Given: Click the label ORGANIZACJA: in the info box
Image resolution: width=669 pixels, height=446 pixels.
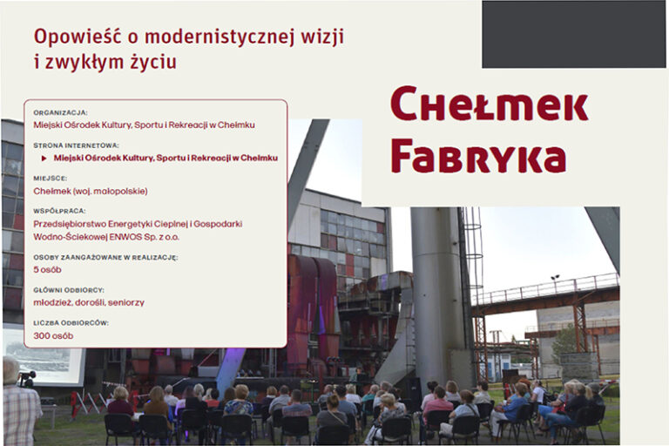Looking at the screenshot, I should coord(60,112).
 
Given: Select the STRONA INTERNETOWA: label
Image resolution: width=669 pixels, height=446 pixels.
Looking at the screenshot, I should coord(76,145).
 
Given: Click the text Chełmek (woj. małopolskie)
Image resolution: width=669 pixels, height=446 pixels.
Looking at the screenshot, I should coord(91,191).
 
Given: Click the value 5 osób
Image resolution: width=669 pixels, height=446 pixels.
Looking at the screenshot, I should coord(47,269).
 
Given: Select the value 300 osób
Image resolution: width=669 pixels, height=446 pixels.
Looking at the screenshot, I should coord(53,335).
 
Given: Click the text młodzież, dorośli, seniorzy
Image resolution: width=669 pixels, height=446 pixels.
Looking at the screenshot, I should coord(89,302).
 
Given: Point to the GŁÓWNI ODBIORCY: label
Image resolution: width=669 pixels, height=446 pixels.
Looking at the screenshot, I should coord(69,290).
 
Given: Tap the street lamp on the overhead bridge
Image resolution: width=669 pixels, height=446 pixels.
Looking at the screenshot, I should coord(554,280).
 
